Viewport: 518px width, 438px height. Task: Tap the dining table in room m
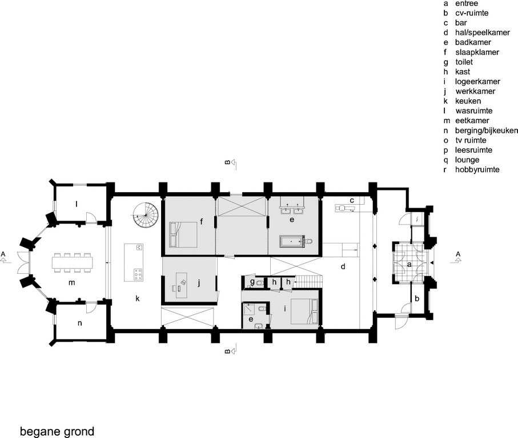73,263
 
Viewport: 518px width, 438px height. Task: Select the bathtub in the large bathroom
291,241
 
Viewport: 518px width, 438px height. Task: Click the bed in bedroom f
183,234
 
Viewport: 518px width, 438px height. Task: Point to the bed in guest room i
304,312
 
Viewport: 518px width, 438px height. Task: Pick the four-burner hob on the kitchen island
138,274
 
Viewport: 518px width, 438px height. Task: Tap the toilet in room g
259,283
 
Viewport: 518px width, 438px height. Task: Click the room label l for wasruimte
77,204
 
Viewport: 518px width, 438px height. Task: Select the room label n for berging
79,323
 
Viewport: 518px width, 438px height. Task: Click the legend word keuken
468,101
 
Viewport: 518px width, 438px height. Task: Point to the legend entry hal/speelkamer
483,33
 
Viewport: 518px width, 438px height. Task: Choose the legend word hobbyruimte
477,169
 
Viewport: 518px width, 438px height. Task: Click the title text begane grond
57,431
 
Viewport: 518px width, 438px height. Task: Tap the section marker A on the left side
3,254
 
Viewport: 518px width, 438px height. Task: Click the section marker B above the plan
227,162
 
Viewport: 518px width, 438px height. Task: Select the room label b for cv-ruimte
417,298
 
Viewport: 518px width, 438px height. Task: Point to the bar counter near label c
345,208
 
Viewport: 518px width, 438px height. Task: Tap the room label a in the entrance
409,264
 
